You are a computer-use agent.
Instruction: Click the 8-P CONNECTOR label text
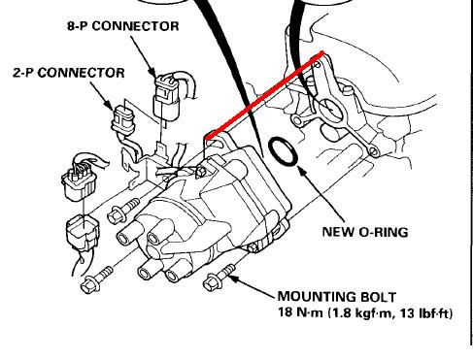click(x=123, y=26)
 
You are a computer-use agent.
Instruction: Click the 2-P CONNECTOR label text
click(x=69, y=73)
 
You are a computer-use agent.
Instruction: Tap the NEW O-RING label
click(x=365, y=232)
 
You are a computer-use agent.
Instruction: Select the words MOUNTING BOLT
click(x=337, y=297)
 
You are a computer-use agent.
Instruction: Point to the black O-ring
click(x=283, y=151)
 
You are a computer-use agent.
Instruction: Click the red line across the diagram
click(x=264, y=95)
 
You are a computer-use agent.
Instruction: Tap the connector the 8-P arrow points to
click(x=166, y=98)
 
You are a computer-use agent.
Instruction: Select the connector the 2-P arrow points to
click(x=123, y=120)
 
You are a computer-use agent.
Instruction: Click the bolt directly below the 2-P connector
click(x=123, y=211)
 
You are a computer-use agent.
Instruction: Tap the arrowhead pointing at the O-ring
click(x=302, y=172)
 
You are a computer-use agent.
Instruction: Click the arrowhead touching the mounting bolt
click(x=235, y=278)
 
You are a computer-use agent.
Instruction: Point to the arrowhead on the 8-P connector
click(x=152, y=72)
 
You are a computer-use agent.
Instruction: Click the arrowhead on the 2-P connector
click(x=109, y=104)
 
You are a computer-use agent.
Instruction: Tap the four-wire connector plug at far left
click(x=79, y=180)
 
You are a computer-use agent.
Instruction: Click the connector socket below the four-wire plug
click(x=83, y=232)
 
